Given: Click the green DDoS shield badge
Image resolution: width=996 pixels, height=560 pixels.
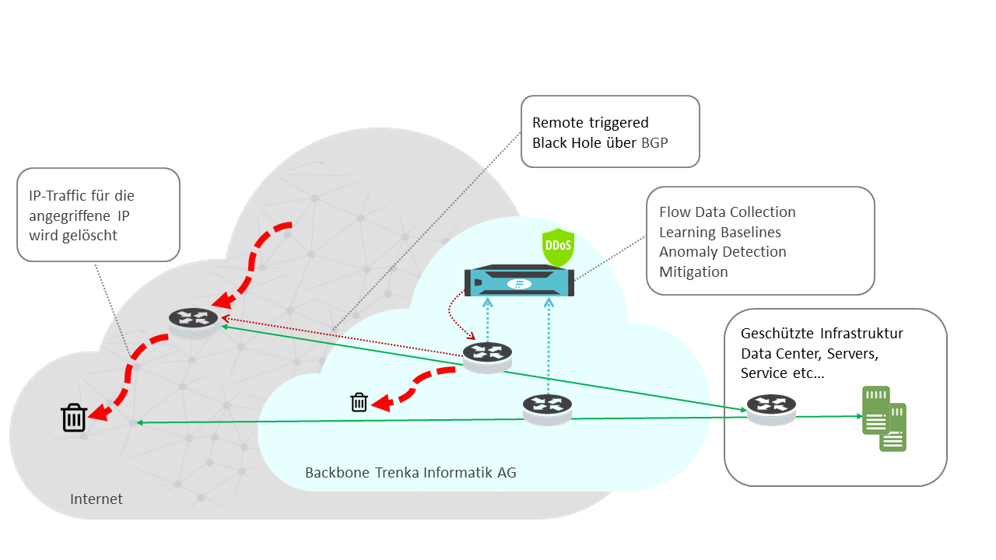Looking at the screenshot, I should pyautogui.click(x=557, y=245).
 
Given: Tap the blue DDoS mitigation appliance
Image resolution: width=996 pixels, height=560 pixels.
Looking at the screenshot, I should pyautogui.click(x=519, y=282).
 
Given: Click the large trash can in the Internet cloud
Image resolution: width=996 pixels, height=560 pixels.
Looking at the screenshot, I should pyautogui.click(x=74, y=418).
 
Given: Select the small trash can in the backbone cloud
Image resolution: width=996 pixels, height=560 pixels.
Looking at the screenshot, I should pyautogui.click(x=359, y=402).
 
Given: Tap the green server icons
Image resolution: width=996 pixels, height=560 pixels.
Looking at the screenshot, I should pyautogui.click(x=884, y=420).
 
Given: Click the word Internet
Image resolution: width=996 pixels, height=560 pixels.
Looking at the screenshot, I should pyautogui.click(x=96, y=499).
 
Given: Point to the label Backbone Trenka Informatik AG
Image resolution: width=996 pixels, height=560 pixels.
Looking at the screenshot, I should pyautogui.click(x=410, y=473).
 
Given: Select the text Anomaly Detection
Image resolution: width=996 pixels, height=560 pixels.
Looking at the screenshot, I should pyautogui.click(x=722, y=252).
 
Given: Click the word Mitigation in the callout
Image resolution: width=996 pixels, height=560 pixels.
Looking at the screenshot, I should pyautogui.click(x=693, y=272).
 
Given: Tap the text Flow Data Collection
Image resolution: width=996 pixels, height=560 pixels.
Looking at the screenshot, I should pyautogui.click(x=727, y=212).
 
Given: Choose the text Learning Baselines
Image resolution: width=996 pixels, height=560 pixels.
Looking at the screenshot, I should pyautogui.click(x=720, y=232).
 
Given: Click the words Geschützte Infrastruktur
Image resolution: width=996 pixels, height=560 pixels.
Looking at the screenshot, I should pyautogui.click(x=822, y=334).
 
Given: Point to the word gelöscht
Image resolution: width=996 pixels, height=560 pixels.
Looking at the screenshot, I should pyautogui.click(x=89, y=235).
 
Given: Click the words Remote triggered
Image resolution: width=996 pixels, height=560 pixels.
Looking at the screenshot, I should pyautogui.click(x=590, y=123).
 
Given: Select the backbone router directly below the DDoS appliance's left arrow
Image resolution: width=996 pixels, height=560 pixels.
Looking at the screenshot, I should pyautogui.click(x=488, y=355).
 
